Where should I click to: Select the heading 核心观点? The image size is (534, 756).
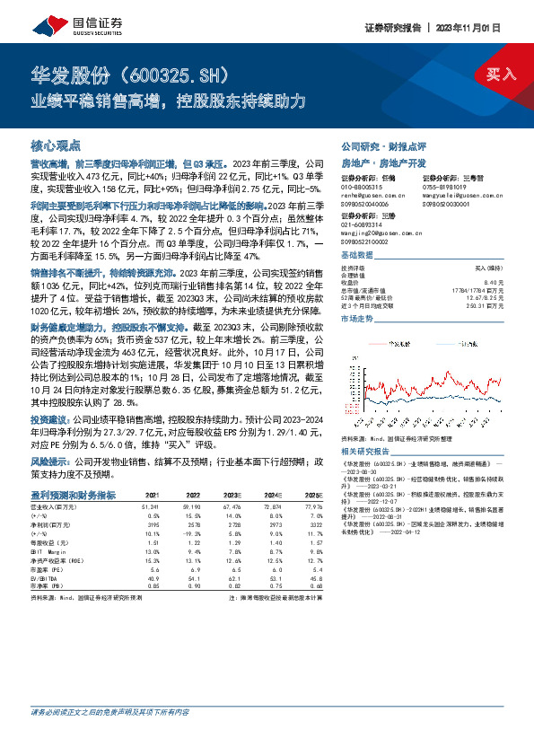point(55,145)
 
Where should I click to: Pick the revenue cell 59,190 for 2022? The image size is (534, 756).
point(192,505)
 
